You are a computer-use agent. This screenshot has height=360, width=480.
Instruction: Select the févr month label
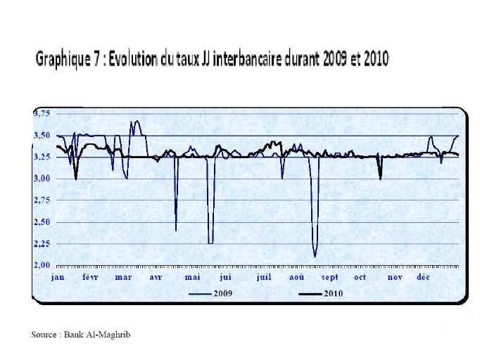[x=90, y=277]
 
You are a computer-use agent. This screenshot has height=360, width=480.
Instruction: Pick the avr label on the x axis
[x=156, y=277]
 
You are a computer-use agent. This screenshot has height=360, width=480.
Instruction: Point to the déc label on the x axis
[x=423, y=277]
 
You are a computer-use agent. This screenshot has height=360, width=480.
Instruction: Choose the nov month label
[x=394, y=277]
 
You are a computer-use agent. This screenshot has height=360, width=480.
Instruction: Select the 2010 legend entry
[x=333, y=293]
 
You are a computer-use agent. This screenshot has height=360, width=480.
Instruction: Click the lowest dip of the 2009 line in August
[x=315, y=257]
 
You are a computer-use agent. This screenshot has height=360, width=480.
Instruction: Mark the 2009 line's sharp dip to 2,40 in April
[x=176, y=230]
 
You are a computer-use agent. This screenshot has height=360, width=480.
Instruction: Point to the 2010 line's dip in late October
[x=380, y=179]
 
